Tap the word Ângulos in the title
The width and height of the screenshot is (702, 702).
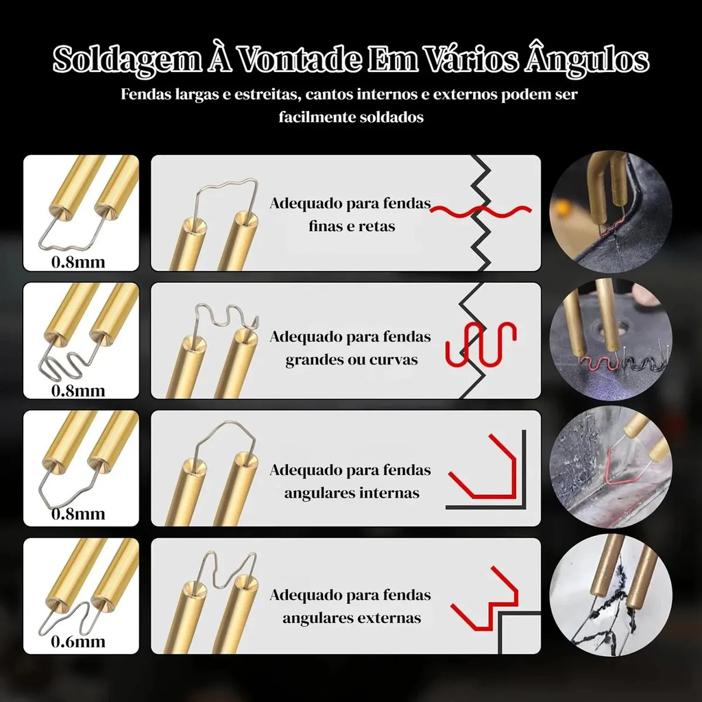click(587, 58)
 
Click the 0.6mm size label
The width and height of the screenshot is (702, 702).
click(78, 642)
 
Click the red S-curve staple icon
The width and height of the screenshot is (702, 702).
click(481, 343)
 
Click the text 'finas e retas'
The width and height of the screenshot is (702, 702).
click(352, 226)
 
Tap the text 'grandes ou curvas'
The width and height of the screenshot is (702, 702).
click(352, 359)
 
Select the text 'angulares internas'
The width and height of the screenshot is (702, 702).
click(352, 493)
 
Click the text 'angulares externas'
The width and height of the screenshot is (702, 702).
click(352, 618)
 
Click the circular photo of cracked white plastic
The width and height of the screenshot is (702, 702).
click(611, 595)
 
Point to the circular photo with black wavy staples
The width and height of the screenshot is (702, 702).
click(611, 339)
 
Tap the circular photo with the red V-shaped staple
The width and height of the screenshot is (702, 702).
click(611, 468)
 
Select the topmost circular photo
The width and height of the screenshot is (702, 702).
click(611, 211)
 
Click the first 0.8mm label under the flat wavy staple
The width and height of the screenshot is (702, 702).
click(78, 262)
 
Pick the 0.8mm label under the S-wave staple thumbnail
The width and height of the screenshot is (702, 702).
click(78, 391)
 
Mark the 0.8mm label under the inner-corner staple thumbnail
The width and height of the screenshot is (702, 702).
click(78, 513)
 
